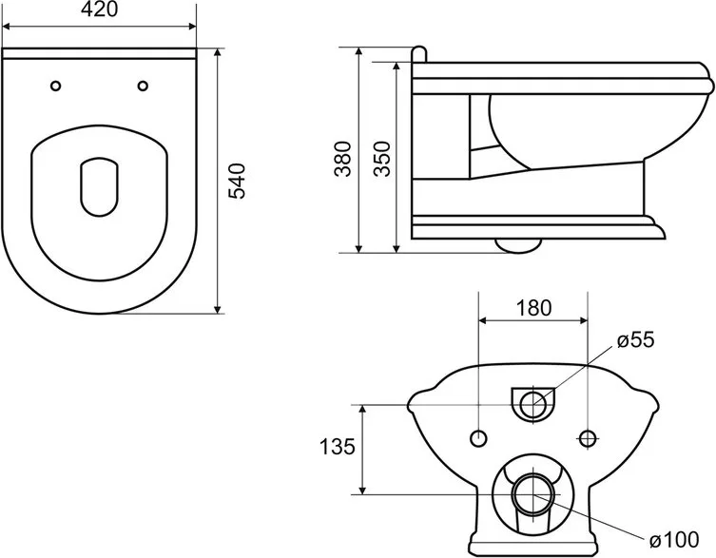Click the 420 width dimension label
pyautogui.click(x=99, y=10)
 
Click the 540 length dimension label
pyautogui.click(x=237, y=181)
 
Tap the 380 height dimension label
pyautogui.click(x=343, y=159)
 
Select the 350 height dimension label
pyautogui.click(x=382, y=159)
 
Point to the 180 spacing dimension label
pyautogui.click(x=533, y=308)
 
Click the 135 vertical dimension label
pyautogui.click(x=337, y=447)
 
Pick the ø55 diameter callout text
pyautogui.click(x=635, y=339)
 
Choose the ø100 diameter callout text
pyautogui.click(x=674, y=540)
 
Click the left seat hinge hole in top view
pyautogui.click(x=56, y=86)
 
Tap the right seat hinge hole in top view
pyautogui.click(x=143, y=86)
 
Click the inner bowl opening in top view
pyautogui.click(x=99, y=187)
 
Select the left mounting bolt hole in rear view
pyautogui.click(x=478, y=439)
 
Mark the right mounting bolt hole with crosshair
pyautogui.click(x=588, y=439)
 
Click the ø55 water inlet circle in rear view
pyautogui.click(x=533, y=405)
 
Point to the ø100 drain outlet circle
pyautogui.click(x=533, y=494)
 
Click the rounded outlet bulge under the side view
pyautogui.click(x=519, y=245)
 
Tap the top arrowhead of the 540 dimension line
pyautogui.click(x=218, y=52)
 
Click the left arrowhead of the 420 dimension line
pyautogui.click(x=7, y=26)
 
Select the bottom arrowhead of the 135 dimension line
pyautogui.click(x=363, y=490)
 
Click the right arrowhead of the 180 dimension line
pyautogui.click(x=583, y=320)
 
